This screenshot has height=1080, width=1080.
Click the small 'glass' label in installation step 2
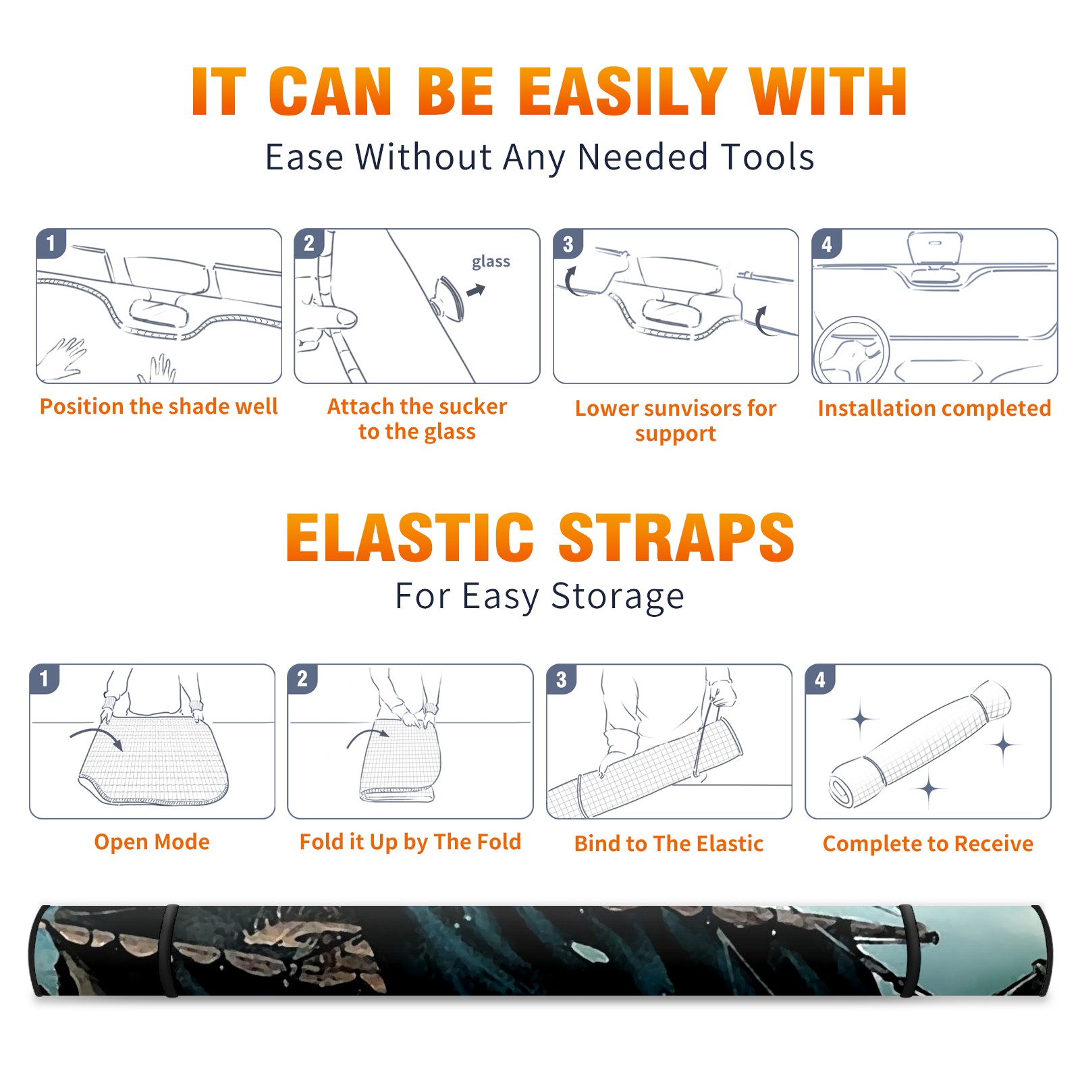(491, 261)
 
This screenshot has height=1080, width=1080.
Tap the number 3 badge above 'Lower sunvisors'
(568, 244)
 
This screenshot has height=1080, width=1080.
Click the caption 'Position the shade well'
(159, 406)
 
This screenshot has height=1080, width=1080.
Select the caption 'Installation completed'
(934, 408)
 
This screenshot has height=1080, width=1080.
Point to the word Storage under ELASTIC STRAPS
(618, 597)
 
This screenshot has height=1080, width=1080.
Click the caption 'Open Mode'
(152, 842)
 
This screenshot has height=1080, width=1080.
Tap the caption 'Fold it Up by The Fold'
(410, 842)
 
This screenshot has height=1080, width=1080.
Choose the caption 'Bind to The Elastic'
(669, 843)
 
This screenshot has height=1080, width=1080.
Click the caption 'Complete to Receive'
(928, 843)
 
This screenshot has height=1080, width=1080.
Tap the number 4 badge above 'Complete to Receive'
(820, 679)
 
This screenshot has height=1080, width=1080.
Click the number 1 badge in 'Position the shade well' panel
(51, 243)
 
